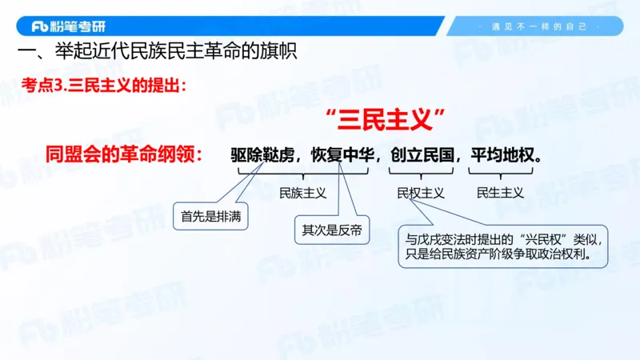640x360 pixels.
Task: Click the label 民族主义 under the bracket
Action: point(302,193)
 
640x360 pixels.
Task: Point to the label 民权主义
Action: point(421,193)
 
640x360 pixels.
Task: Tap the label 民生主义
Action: point(500,193)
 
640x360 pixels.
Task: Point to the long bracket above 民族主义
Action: point(302,173)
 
